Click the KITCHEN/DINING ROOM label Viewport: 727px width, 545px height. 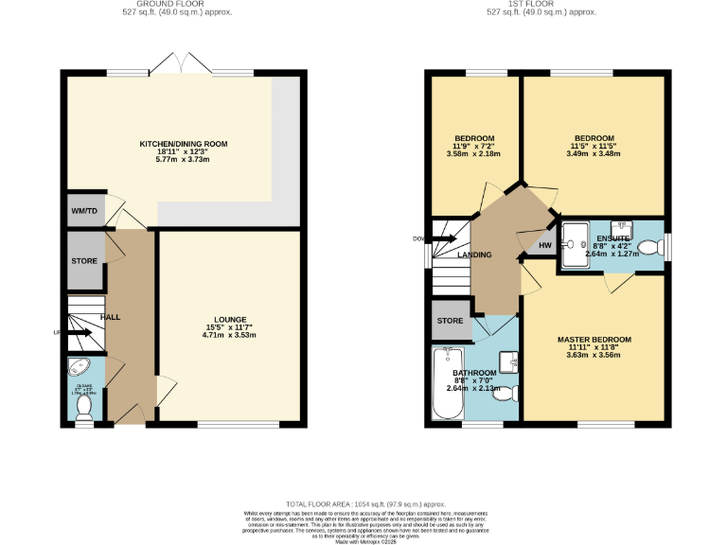point(184,144)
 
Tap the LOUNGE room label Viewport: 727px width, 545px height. point(231,318)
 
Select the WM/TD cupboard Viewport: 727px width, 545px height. point(84,210)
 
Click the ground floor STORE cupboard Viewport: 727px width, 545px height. point(85,260)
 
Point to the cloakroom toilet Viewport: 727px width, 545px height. point(84,406)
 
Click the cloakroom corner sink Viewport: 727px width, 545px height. point(77,369)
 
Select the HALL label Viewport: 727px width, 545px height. point(110,317)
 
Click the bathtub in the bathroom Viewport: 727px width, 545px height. point(445,383)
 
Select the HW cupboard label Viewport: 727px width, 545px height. point(544,246)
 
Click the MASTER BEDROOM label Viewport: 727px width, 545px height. point(594,339)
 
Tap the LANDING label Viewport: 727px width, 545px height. point(474,254)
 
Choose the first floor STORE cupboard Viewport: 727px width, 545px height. point(450,321)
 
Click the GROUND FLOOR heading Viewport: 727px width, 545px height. point(178,4)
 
